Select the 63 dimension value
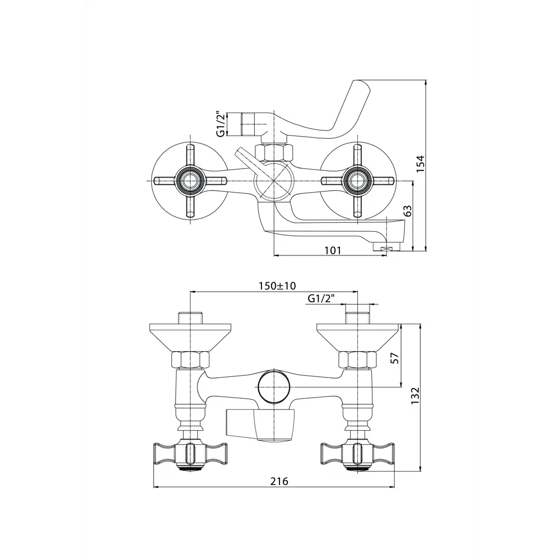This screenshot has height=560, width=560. pos(408,211)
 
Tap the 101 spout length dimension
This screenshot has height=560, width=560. pos(333,250)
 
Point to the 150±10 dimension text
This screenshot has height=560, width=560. pos(277,286)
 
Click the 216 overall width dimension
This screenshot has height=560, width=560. pos(279,481)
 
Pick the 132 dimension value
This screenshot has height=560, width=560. pos(416,396)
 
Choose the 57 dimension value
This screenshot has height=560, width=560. pos(395,358)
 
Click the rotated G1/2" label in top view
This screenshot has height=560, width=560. pos(221,124)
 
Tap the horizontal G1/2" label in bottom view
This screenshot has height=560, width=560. pos(321,298)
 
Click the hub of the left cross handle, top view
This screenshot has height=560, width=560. pos(190,181)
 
